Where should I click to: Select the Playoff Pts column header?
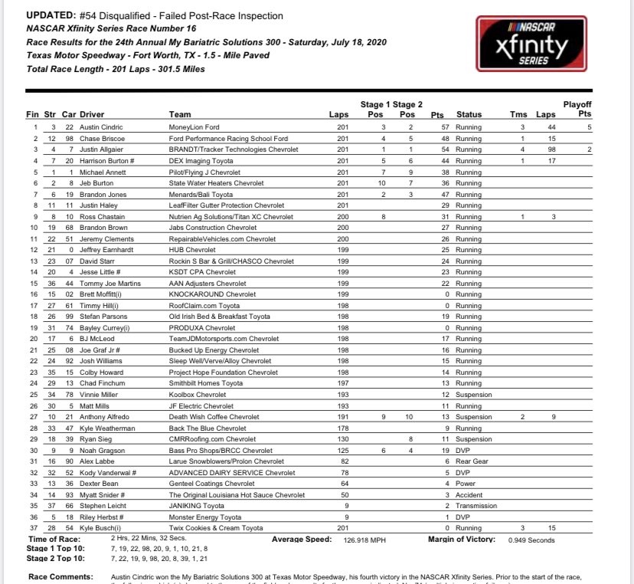(578, 109)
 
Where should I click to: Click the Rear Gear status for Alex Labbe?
(472, 463)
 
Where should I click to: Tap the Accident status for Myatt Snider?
(469, 496)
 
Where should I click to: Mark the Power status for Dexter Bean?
(466, 485)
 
